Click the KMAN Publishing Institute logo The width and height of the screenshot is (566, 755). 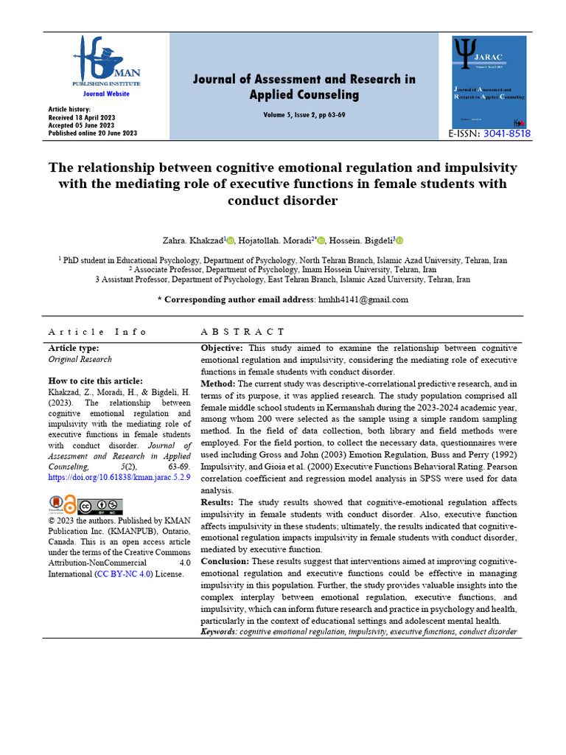coord(105,63)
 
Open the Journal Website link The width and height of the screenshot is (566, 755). coord(105,94)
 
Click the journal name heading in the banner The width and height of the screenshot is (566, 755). coord(304,86)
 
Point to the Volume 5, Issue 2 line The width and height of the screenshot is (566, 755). coord(304,116)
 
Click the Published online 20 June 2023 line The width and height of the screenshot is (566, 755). coord(92,133)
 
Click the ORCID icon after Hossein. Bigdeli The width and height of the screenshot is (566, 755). coord(399,240)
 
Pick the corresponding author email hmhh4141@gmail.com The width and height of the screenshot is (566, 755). coord(362,299)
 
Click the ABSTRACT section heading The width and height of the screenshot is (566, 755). coord(242,333)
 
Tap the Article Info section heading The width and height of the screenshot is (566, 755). coord(97,333)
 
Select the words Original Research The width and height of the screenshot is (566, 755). coord(80,359)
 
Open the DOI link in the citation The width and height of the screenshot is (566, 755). coord(119,478)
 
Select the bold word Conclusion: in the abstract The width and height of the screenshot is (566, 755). coord(225,561)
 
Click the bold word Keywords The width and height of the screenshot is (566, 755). coord(219,633)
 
